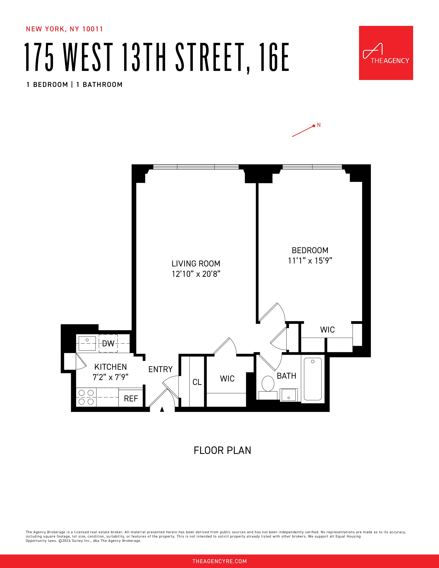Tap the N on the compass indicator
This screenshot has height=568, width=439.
click(319, 125)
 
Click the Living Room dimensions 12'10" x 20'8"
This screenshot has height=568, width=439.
click(196, 274)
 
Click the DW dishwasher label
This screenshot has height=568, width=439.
click(108, 344)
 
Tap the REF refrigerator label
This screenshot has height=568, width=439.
click(131, 398)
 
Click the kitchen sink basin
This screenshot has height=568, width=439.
click(87, 343)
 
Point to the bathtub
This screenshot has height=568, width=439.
click(313, 379)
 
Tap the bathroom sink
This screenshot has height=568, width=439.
click(288, 395)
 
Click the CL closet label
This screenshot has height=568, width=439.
click(197, 382)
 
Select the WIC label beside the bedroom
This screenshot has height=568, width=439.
click(327, 330)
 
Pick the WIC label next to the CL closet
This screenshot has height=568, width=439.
click(227, 379)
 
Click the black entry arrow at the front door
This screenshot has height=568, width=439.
click(162, 409)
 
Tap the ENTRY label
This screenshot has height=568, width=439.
click(160, 369)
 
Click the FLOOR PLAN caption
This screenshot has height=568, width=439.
click(222, 450)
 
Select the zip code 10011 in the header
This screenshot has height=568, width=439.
click(93, 29)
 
